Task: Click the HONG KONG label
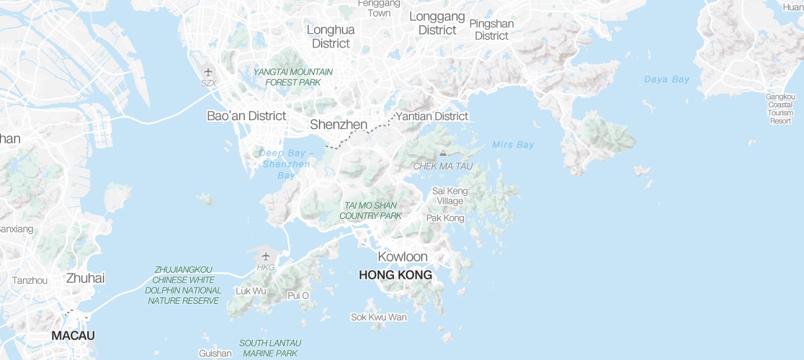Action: [x=395, y=275]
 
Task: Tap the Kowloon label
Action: [x=403, y=257]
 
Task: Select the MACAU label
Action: [x=73, y=336]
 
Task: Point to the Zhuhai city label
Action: [x=85, y=278]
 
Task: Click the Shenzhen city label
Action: [x=339, y=125]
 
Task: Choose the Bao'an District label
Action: [x=246, y=115]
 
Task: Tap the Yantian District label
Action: [x=432, y=116]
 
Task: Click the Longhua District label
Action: [x=331, y=37]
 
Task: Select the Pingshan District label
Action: [x=491, y=30]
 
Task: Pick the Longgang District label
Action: [x=437, y=23]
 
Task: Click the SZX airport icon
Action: [x=208, y=72]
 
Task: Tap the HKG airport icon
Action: [x=266, y=256]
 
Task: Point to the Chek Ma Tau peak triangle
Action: [x=442, y=153]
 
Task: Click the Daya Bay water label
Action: [x=666, y=79]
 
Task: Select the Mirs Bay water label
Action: [x=513, y=145]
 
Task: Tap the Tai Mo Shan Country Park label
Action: [x=370, y=210]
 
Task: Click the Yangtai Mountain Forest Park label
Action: [x=292, y=77]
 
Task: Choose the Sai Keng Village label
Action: [x=450, y=196]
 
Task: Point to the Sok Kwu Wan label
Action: [x=378, y=317]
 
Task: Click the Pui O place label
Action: [x=298, y=295]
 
